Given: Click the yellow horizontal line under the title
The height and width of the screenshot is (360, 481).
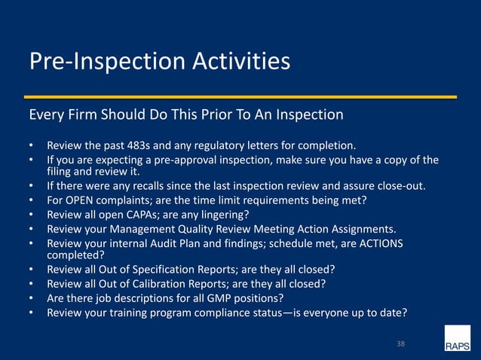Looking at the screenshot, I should tap(240, 97).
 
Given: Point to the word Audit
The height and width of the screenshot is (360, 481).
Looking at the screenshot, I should tap(172, 244).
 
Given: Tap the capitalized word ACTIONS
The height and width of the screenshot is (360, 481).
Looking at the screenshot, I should tap(378, 244).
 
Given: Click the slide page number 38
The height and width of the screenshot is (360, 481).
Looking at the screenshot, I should tap(400, 343).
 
